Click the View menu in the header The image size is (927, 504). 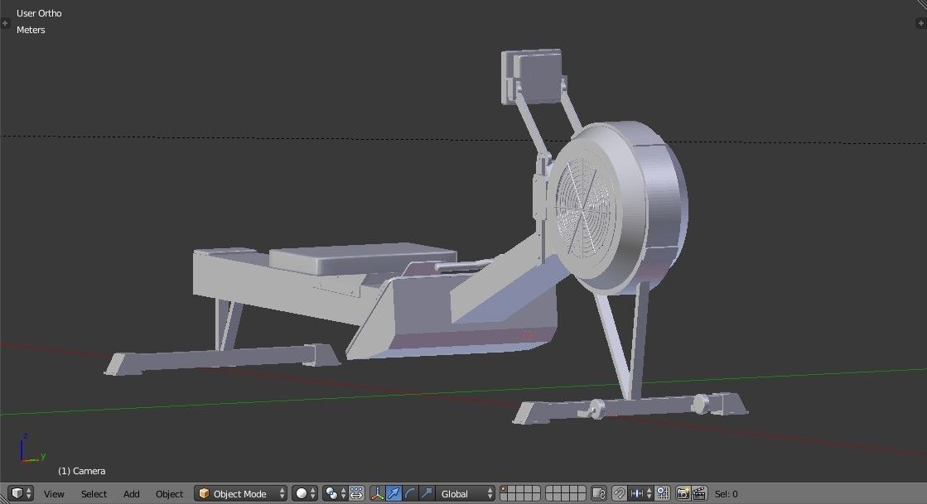pyautogui.click(x=54, y=494)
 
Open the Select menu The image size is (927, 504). pyautogui.click(x=94, y=494)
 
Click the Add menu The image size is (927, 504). pyautogui.click(x=131, y=494)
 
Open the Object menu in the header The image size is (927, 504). pyautogui.click(x=169, y=494)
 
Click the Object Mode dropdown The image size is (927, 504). pyautogui.click(x=240, y=494)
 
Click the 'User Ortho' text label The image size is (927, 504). pyautogui.click(x=39, y=13)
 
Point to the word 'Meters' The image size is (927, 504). pyautogui.click(x=31, y=30)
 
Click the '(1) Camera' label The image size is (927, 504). pyautogui.click(x=81, y=471)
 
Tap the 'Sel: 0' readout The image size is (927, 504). pyautogui.click(x=727, y=494)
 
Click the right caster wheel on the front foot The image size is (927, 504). pyautogui.click(x=701, y=403)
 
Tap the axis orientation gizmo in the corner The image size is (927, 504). pyautogui.click(x=30, y=450)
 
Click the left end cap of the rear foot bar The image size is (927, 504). pyautogui.click(x=119, y=364)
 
